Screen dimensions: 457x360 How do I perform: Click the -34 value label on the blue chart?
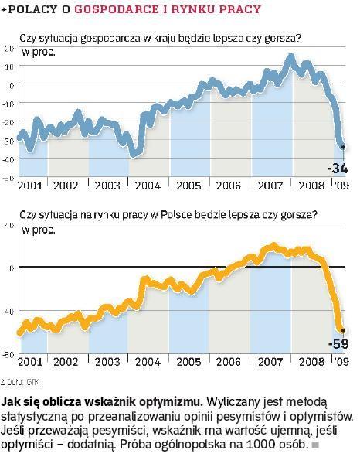tap(338, 168)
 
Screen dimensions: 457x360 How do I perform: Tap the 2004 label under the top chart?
tap(146, 186)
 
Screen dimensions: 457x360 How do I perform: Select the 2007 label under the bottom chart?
tap(268, 361)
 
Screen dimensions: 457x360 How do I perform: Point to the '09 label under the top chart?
tap(341, 186)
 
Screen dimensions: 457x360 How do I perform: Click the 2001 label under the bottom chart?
tap(28, 361)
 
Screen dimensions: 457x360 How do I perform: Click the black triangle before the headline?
tap(5, 10)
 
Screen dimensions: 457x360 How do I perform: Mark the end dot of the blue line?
tap(342, 146)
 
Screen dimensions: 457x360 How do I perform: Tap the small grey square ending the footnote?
tap(315, 446)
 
